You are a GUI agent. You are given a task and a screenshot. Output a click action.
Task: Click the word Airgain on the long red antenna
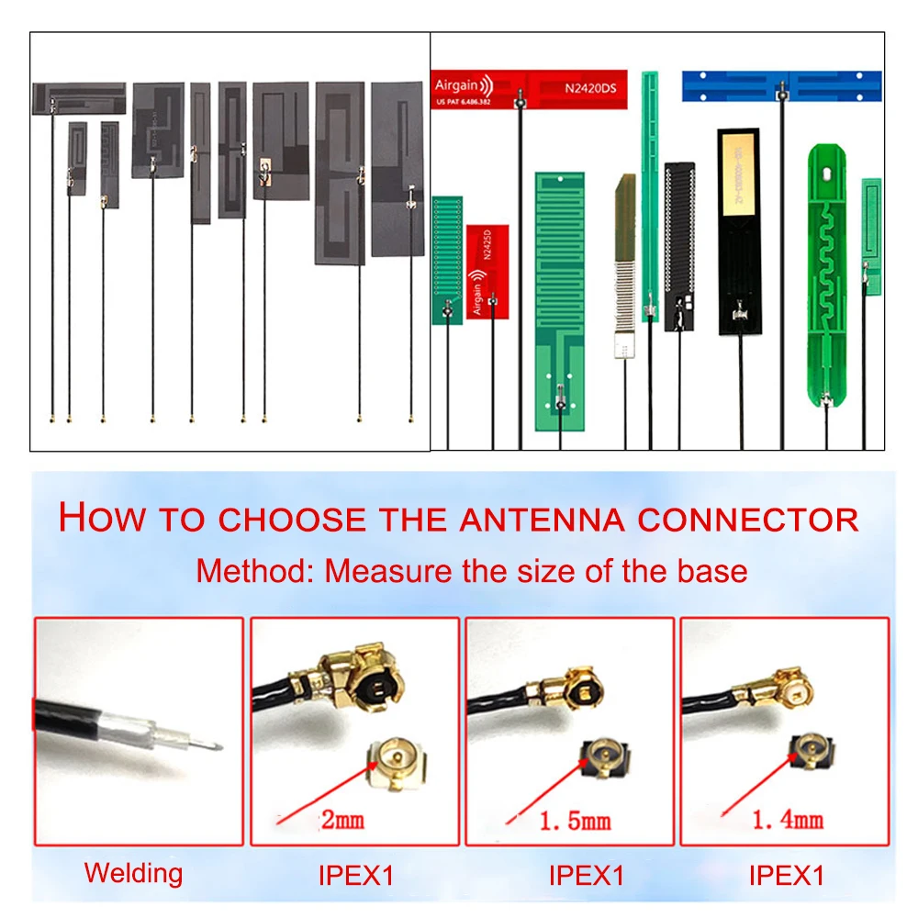pyautogui.click(x=455, y=85)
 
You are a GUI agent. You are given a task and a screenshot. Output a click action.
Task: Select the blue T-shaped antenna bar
pyautogui.click(x=781, y=85)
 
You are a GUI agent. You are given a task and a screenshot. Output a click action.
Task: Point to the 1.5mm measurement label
pyautogui.click(x=576, y=820)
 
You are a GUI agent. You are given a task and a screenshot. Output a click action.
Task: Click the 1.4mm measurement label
pyautogui.click(x=787, y=820)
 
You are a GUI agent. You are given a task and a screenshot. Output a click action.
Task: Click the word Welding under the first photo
pyautogui.click(x=133, y=873)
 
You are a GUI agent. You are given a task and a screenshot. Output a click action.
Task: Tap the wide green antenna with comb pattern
pyautogui.click(x=559, y=298)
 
